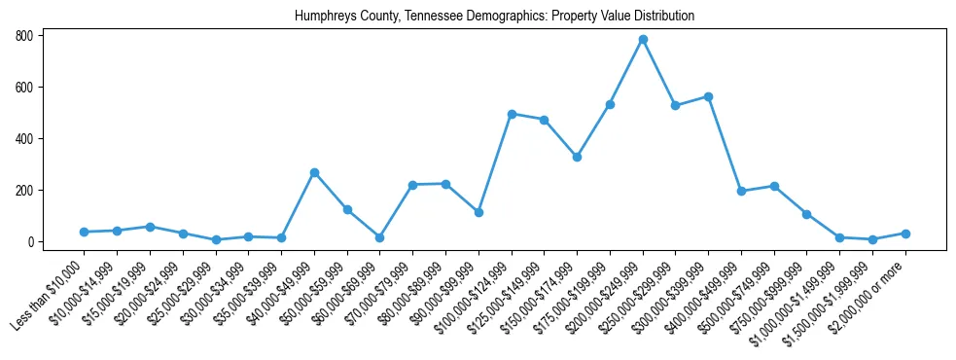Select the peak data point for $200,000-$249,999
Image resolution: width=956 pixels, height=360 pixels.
643,40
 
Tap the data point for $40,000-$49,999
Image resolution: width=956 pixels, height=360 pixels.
314,173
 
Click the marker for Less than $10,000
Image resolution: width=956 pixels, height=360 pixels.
84,232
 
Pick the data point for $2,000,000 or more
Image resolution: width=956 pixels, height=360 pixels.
905,234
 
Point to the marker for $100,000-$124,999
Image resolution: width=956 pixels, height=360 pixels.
512,114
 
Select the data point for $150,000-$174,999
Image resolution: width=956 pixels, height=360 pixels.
577,157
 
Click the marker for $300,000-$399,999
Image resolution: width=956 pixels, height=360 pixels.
708,96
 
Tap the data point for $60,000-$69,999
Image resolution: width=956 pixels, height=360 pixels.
379,237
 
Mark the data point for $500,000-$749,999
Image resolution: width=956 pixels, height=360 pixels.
774,186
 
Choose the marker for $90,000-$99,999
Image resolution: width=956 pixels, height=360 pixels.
478,212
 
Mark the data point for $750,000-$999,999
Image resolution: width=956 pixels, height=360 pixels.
806,214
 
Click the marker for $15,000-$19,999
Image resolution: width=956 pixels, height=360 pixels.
150,227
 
